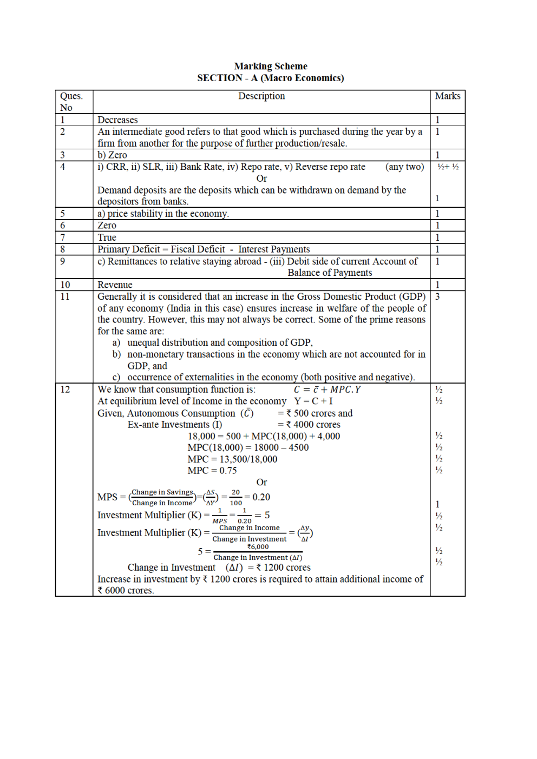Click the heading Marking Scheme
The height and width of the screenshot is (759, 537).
[270, 66]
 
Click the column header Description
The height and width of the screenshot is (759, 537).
[261, 96]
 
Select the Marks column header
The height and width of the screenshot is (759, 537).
[447, 96]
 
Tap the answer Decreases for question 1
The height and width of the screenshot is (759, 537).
[117, 120]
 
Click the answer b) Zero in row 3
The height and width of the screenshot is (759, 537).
[112, 155]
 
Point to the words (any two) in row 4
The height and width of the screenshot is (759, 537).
[404, 167]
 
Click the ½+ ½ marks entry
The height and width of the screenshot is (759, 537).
[448, 167]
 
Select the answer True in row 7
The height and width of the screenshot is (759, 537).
[107, 237]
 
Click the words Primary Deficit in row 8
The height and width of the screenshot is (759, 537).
[128, 249]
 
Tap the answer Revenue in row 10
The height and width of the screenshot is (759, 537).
[115, 285]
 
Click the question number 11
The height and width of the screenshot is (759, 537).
[65, 296]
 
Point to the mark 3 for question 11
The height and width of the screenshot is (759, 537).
[437, 296]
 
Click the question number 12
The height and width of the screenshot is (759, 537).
[65, 389]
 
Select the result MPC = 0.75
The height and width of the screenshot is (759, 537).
[212, 470]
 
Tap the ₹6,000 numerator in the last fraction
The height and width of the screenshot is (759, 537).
[258, 547]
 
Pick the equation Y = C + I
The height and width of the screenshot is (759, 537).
[313, 401]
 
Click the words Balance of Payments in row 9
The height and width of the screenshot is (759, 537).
[330, 273]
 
